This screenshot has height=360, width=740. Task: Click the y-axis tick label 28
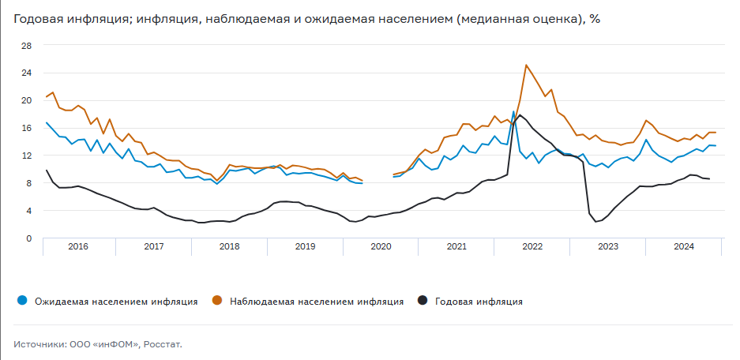(x=26, y=45)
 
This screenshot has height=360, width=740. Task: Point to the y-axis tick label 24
(x=26, y=73)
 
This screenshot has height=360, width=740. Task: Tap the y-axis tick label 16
(x=26, y=128)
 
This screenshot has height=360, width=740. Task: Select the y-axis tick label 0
(x=28, y=238)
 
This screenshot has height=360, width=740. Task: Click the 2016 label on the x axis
(x=78, y=247)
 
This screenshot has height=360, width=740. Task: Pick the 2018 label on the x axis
(x=229, y=247)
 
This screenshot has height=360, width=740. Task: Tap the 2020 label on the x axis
(x=381, y=247)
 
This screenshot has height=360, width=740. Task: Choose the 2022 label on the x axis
(x=532, y=247)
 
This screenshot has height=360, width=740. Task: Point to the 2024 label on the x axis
(x=684, y=247)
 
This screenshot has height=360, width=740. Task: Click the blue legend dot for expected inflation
(x=22, y=301)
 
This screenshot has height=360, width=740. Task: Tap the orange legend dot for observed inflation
(x=216, y=301)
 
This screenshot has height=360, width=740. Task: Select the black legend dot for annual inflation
(x=423, y=301)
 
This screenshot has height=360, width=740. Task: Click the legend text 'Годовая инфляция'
(x=479, y=301)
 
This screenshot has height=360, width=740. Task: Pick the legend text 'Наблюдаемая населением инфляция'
(x=316, y=301)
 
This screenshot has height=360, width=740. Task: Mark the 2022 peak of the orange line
(x=526, y=65)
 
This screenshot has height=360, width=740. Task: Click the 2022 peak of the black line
(x=520, y=115)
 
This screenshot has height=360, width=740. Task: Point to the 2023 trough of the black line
(x=596, y=222)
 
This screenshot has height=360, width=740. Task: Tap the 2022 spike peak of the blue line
(x=513, y=111)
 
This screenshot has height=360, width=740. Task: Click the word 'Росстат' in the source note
(x=163, y=344)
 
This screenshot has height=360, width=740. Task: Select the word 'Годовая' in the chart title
(x=37, y=18)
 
